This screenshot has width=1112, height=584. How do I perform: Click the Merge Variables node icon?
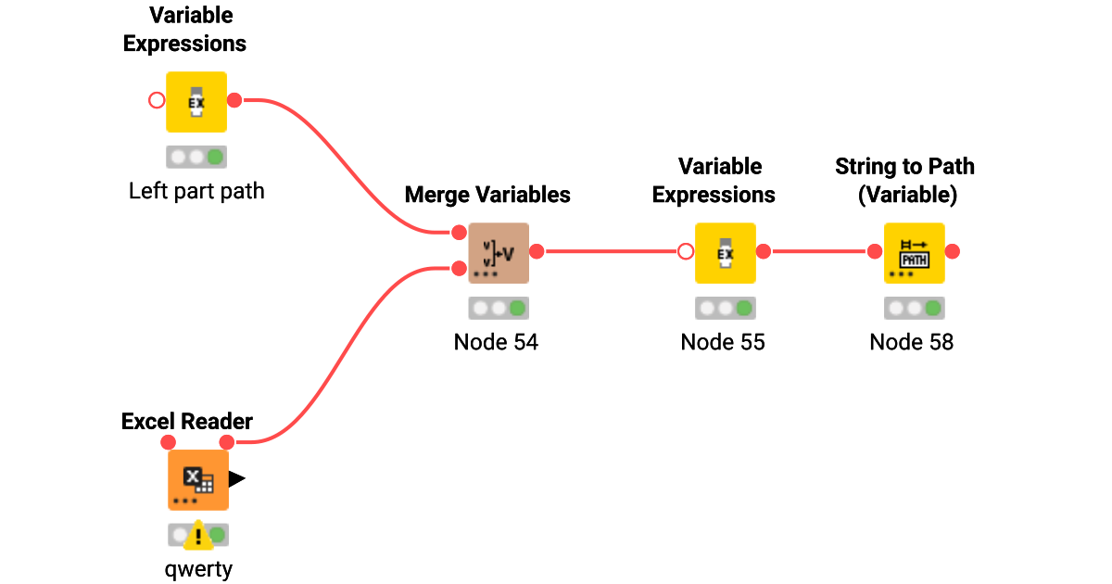[499, 252]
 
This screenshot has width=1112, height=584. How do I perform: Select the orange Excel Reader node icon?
[198, 480]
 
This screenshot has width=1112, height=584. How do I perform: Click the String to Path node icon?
[914, 252]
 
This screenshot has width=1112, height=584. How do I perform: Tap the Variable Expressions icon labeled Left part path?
[196, 101]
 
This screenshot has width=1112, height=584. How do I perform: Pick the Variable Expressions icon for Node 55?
[726, 252]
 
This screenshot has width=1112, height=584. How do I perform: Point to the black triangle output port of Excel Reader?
[237, 479]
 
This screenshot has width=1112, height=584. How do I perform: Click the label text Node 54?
[496, 342]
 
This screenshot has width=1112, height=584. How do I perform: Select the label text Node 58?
[912, 342]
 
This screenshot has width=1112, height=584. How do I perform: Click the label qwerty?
[192, 568]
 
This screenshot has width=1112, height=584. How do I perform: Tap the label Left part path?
[196, 191]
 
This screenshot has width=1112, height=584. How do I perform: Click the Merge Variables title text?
[487, 195]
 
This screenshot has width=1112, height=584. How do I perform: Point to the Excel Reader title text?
[187, 422]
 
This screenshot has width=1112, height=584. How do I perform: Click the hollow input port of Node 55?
[686, 251]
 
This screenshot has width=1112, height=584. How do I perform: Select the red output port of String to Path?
[952, 251]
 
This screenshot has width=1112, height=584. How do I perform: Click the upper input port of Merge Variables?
[459, 233]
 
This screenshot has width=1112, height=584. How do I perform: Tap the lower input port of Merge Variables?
[459, 269]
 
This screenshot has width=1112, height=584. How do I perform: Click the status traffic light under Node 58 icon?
[914, 308]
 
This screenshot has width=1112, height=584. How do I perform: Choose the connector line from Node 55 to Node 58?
[820, 251]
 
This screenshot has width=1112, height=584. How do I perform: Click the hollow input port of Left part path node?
[158, 100]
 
